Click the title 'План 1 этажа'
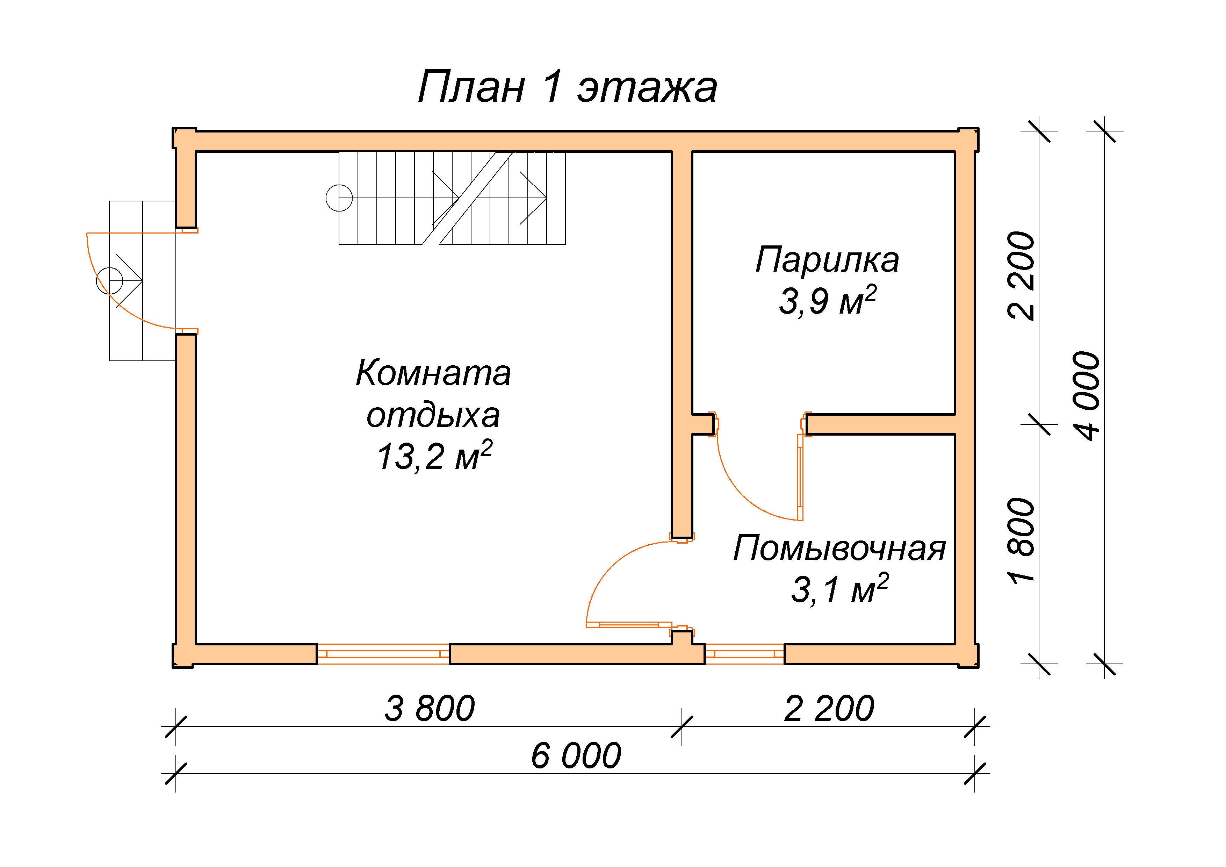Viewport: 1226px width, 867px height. click(567, 87)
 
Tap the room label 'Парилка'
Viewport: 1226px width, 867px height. click(827, 260)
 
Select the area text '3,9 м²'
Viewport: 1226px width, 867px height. click(827, 300)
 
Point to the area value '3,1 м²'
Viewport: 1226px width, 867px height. click(839, 589)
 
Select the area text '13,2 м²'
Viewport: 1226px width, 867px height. click(434, 456)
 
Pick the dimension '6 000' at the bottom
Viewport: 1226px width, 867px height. click(576, 755)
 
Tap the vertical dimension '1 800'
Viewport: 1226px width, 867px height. click(1021, 540)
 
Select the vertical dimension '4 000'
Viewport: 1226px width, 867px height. click(1087, 396)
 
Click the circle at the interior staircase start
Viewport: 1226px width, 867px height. click(339, 198)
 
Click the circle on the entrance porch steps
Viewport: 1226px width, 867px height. click(109, 280)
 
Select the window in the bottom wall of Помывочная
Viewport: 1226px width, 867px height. click(745, 654)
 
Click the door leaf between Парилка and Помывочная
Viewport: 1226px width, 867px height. click(800, 477)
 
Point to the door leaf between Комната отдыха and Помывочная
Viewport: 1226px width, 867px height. click(629, 624)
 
